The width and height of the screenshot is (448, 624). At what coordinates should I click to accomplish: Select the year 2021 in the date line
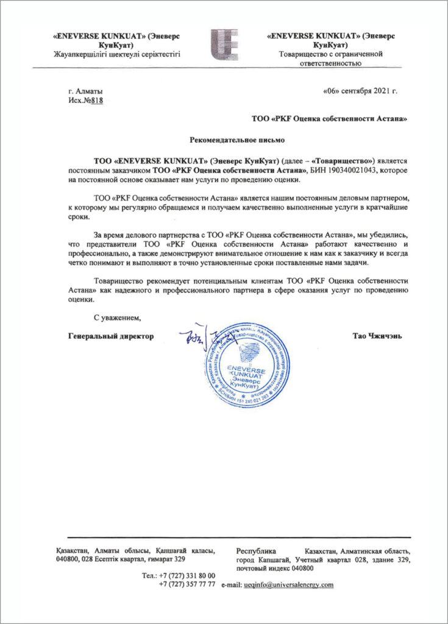click(x=378, y=91)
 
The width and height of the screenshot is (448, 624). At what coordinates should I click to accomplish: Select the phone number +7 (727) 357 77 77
click(x=187, y=584)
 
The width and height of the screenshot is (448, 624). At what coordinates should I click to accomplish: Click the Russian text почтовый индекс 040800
click(x=274, y=567)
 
